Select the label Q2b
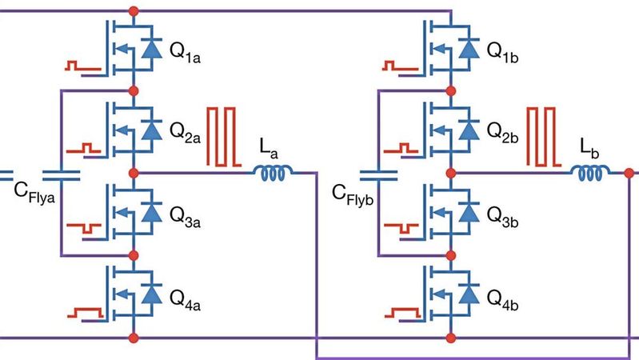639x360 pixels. (501, 132)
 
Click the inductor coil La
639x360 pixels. (274, 171)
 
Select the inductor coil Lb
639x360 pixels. (590, 171)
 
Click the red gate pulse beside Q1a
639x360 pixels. (82, 65)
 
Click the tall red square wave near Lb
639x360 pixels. (542, 137)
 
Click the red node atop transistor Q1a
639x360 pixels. (134, 10)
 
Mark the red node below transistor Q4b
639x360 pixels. (451, 336)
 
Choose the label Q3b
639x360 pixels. (501, 214)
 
